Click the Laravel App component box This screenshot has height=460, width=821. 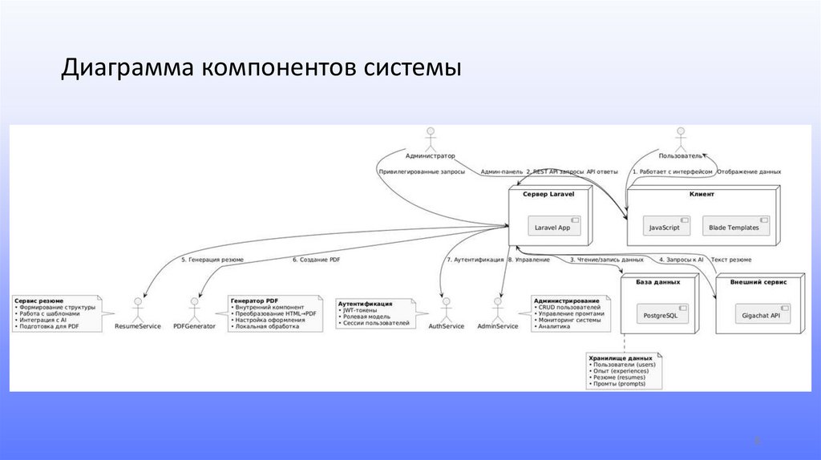coord(552,228)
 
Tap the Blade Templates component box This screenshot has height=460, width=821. coord(734,228)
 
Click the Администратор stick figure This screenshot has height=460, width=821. coord(430,140)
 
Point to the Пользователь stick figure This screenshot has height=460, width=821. coord(681,140)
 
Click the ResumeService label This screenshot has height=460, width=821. coord(138,326)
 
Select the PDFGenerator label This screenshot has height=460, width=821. coord(194,326)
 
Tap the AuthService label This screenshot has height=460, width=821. coord(447,326)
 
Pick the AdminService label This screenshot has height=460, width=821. coord(497,326)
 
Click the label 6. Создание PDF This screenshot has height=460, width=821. coord(317,260)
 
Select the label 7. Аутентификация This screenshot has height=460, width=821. coord(475,260)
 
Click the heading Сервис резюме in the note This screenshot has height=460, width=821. coord(38,301)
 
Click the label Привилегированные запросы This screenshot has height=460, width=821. coord(421,171)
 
